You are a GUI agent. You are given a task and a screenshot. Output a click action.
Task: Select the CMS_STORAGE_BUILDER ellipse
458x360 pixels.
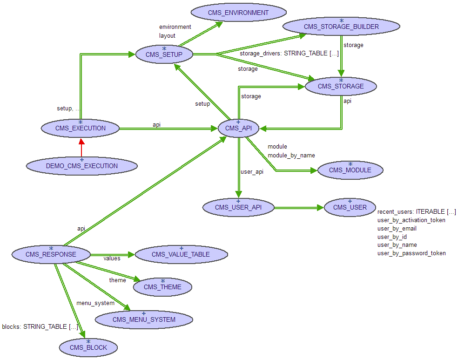(x=341, y=27)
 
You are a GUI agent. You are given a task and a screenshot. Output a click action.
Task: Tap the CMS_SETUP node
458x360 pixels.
(x=164, y=54)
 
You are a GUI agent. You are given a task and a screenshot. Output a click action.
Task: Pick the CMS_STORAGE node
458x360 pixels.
(x=341, y=86)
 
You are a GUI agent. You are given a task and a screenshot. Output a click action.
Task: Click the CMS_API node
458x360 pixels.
(x=238, y=128)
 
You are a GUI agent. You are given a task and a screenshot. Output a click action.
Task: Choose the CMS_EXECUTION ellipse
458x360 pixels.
(x=81, y=128)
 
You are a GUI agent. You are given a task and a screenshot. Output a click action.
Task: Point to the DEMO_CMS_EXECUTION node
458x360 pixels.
(x=82, y=166)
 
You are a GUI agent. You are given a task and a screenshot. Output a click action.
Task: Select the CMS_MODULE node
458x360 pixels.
(x=350, y=170)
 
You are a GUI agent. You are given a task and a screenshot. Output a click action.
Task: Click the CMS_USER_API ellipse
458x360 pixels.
(x=238, y=207)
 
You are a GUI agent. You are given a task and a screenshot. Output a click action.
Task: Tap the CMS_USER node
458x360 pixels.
(x=350, y=207)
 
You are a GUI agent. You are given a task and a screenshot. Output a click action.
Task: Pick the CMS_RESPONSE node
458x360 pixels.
(x=51, y=254)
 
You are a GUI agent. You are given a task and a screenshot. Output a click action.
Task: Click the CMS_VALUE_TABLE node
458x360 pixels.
(x=181, y=254)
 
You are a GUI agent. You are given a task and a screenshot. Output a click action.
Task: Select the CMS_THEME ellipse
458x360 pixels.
(x=162, y=287)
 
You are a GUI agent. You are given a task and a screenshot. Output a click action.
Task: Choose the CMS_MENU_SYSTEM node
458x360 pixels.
(x=144, y=319)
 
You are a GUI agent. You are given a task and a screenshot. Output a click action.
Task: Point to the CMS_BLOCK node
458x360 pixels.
(x=88, y=347)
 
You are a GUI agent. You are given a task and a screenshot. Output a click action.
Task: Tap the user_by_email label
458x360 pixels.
(x=397, y=229)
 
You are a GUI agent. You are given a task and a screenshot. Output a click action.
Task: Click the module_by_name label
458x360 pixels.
(x=291, y=155)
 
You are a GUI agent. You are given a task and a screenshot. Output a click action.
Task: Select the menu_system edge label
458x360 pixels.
(x=95, y=303)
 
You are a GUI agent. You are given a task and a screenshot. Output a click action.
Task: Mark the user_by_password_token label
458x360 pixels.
(x=411, y=253)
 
